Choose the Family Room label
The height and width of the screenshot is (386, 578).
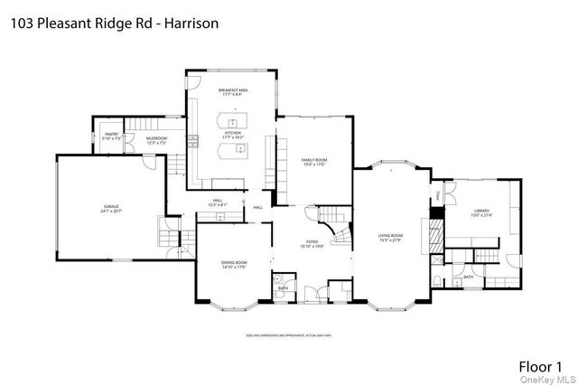[x=314, y=162]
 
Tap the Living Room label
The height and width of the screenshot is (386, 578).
[x=390, y=237]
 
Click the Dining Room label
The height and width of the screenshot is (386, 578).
[x=234, y=263]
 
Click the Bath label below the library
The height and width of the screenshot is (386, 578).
[x=468, y=276]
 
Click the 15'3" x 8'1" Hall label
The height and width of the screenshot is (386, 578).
[x=217, y=202]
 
